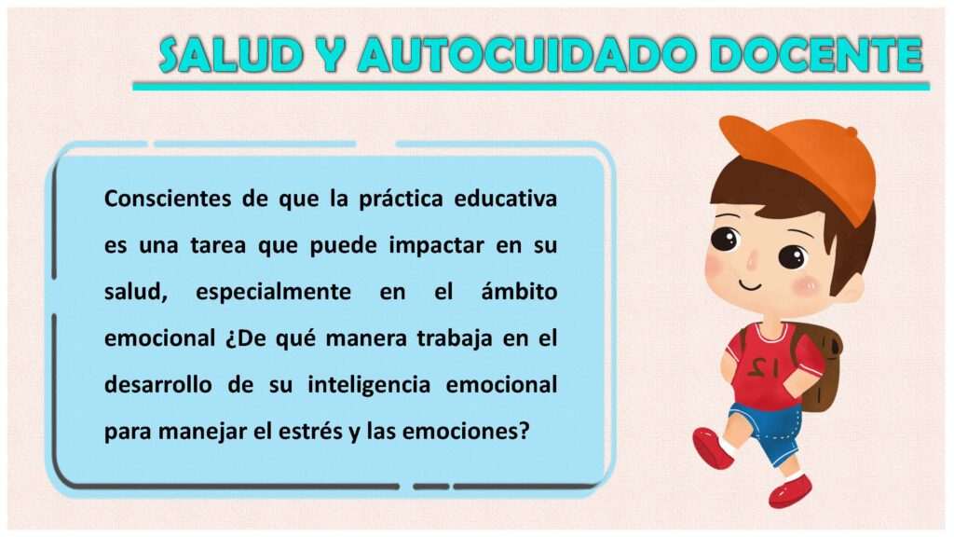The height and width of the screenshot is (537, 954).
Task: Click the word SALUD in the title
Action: [231, 55]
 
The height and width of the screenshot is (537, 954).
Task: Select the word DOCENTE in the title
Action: [816, 55]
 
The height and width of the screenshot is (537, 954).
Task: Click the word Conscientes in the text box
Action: [168, 200]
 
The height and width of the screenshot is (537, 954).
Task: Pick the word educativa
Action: [506, 200]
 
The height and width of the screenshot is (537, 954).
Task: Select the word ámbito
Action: [519, 292]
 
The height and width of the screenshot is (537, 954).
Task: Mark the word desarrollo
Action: [158, 385]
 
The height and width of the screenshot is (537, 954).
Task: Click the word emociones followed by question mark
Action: [466, 432]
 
